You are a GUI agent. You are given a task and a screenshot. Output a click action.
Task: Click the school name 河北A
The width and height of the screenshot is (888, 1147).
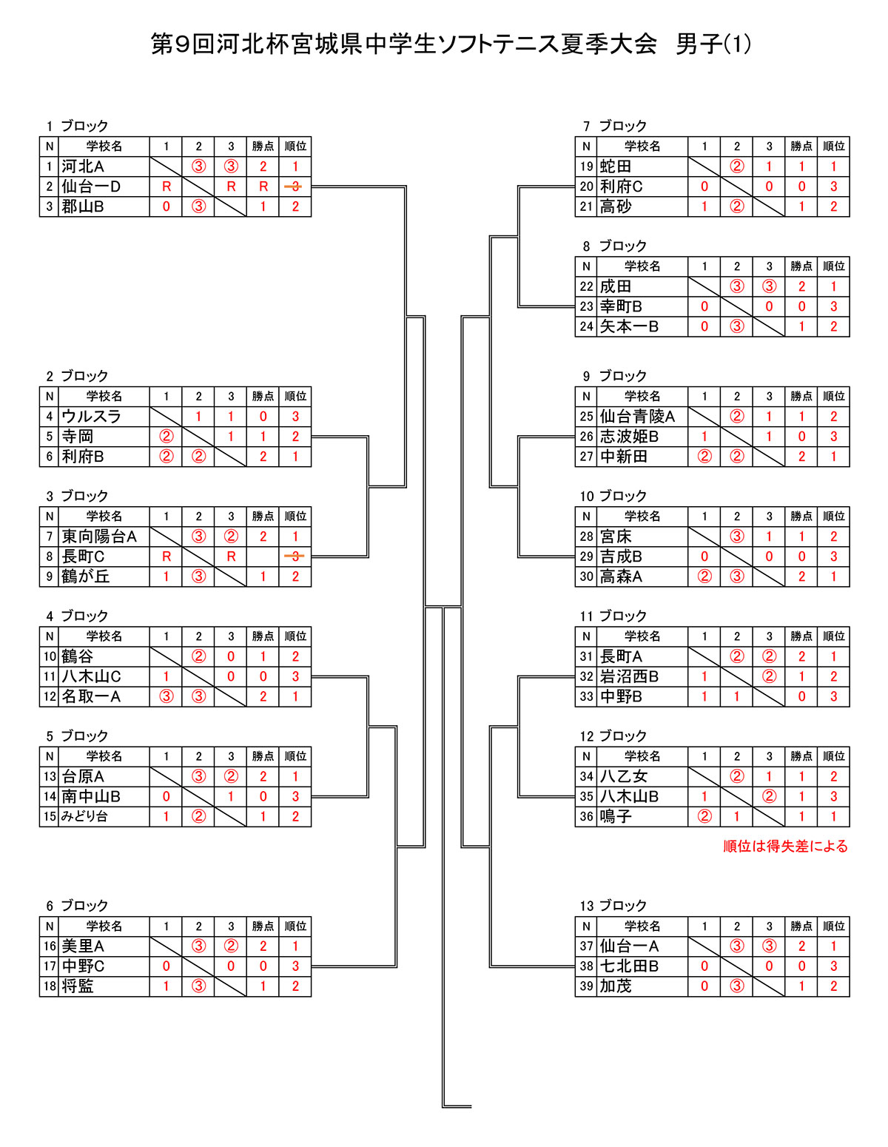click(82, 166)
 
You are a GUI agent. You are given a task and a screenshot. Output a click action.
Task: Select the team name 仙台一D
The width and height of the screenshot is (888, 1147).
click(91, 186)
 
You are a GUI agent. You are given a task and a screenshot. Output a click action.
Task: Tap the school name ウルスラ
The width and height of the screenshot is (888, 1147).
click(91, 417)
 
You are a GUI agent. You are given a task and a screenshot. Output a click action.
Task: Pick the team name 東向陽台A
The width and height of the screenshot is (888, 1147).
click(99, 536)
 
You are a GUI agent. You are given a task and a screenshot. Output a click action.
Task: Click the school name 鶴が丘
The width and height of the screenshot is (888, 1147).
click(86, 576)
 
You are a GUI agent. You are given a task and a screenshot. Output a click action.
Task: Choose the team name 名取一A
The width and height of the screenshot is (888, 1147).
click(91, 696)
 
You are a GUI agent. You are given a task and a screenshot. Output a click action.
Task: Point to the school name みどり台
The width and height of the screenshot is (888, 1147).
click(84, 816)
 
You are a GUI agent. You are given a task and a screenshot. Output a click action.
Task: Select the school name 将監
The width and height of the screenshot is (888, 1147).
click(78, 986)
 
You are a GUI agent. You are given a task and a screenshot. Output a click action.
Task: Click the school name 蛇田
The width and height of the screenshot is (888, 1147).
click(615, 166)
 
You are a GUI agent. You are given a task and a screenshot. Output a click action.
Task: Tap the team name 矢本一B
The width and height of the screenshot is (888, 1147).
click(629, 327)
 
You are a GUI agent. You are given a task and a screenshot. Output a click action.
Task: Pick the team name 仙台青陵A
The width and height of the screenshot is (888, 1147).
click(637, 417)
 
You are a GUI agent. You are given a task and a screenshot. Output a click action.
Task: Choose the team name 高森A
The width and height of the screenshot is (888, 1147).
click(621, 576)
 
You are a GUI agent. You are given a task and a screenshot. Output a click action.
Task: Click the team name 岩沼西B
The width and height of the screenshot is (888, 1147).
click(629, 676)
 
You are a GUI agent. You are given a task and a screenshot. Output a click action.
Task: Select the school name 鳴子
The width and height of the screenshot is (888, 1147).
click(615, 816)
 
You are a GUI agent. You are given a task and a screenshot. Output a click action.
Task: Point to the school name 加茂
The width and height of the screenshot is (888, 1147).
click(615, 986)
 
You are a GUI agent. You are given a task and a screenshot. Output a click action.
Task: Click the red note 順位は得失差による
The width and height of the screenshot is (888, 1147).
click(785, 847)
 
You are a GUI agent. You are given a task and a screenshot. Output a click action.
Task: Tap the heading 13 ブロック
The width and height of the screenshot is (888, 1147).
click(613, 906)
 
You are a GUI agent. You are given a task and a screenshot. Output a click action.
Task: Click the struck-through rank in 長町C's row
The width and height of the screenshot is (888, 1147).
click(295, 556)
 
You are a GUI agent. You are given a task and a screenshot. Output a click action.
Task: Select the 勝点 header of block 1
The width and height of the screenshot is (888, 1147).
click(263, 147)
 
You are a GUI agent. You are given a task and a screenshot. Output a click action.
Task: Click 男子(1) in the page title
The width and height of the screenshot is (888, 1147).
click(713, 44)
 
